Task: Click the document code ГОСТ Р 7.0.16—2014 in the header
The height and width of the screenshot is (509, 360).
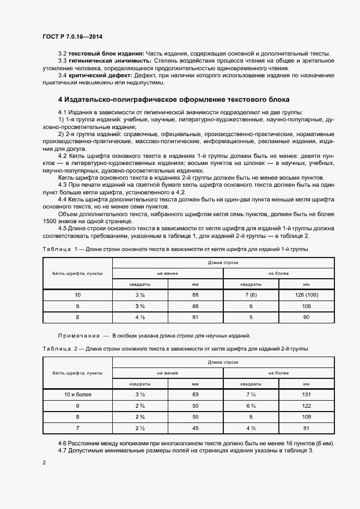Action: click(x=72, y=36)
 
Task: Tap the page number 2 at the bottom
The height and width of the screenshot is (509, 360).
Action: click(x=44, y=462)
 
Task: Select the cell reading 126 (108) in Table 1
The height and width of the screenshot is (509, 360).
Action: click(x=306, y=295)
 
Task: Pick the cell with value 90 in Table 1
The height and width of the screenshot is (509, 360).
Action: click(x=306, y=316)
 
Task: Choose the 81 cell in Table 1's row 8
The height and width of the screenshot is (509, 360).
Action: click(x=195, y=316)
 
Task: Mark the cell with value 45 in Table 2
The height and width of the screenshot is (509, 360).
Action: click(x=195, y=427)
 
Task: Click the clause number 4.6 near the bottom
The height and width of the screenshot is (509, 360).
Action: click(x=63, y=444)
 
